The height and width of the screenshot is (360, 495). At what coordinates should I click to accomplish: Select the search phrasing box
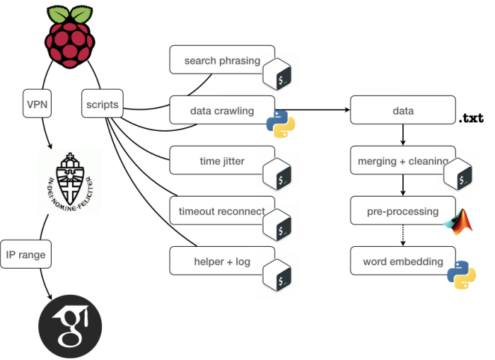[221, 60]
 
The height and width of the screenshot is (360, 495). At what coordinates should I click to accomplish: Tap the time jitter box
[221, 161]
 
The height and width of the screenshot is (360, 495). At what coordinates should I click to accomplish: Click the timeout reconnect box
[221, 211]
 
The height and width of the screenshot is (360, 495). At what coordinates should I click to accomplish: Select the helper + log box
[221, 261]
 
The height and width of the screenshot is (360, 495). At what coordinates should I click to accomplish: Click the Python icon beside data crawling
[280, 122]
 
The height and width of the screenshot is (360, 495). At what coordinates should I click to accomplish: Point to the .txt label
[471, 117]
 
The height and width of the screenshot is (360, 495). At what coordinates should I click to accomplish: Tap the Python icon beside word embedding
[461, 274]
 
